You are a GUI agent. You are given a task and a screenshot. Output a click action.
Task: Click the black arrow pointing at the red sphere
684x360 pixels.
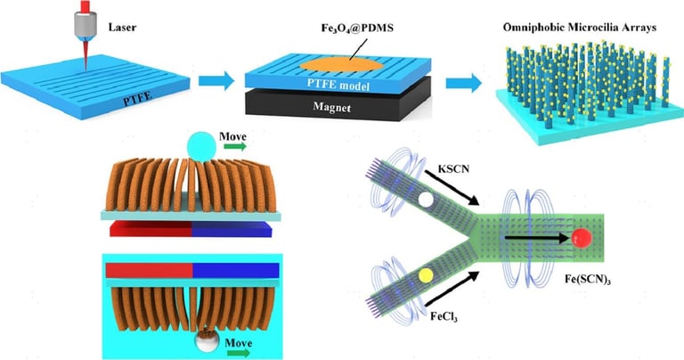point(540,238)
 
